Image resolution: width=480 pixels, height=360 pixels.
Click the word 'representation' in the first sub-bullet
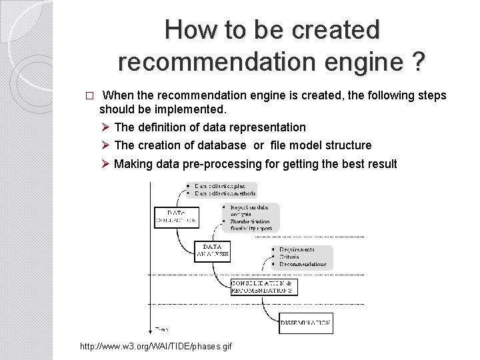272,127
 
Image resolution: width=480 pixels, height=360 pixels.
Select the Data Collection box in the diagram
177,215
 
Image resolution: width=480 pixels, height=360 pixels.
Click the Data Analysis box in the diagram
213,250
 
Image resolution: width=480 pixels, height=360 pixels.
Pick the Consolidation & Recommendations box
264,287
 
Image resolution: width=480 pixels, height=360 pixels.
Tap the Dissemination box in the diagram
306,323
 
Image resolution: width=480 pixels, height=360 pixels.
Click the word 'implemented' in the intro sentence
195,108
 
